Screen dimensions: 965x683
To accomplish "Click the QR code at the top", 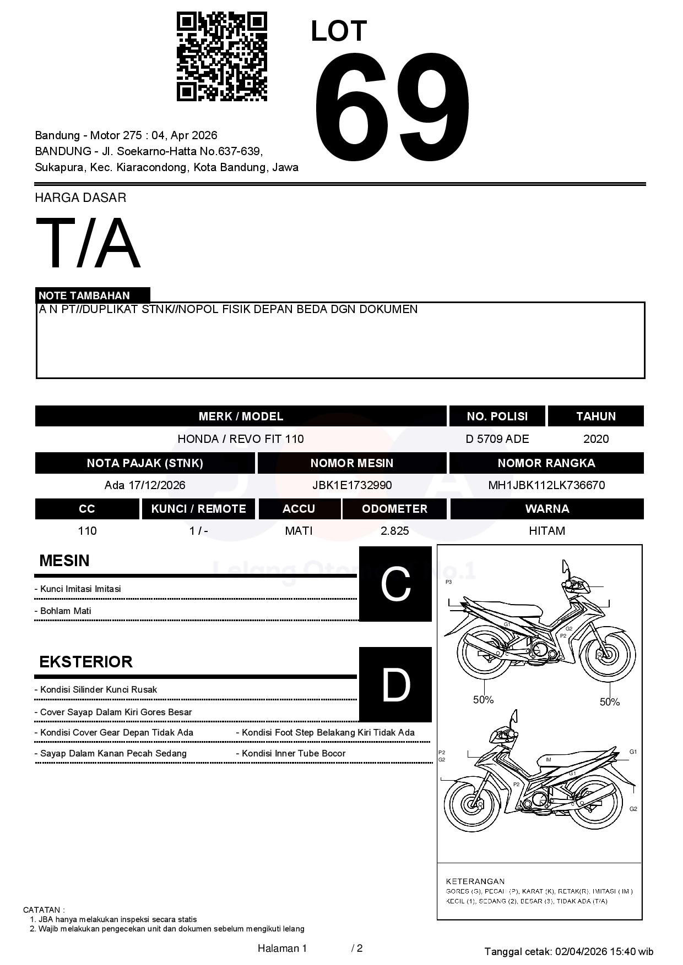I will click(221, 57).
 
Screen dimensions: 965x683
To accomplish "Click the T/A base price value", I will click(88, 243).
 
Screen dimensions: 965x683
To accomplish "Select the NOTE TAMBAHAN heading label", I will click(84, 295).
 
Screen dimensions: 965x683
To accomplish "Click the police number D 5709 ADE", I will click(497, 439).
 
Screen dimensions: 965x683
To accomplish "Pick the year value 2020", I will click(595, 439).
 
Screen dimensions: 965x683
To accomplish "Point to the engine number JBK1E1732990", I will click(351, 485).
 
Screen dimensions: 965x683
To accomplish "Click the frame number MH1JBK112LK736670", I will click(546, 485).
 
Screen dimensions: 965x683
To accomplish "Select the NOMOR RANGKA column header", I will click(546, 463).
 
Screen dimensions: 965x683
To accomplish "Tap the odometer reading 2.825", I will click(394, 531).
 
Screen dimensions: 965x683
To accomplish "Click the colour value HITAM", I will click(546, 531).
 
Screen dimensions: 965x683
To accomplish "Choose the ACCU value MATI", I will click(299, 531).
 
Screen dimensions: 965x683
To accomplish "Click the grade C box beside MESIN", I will click(395, 584).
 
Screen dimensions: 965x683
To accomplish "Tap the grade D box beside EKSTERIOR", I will click(395, 684).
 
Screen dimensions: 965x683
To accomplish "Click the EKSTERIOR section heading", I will click(86, 662).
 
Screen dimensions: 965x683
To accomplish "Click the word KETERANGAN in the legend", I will click(475, 881).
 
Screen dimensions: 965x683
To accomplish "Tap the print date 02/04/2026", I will click(581, 951).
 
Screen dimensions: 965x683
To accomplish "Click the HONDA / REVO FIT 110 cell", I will click(240, 439).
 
